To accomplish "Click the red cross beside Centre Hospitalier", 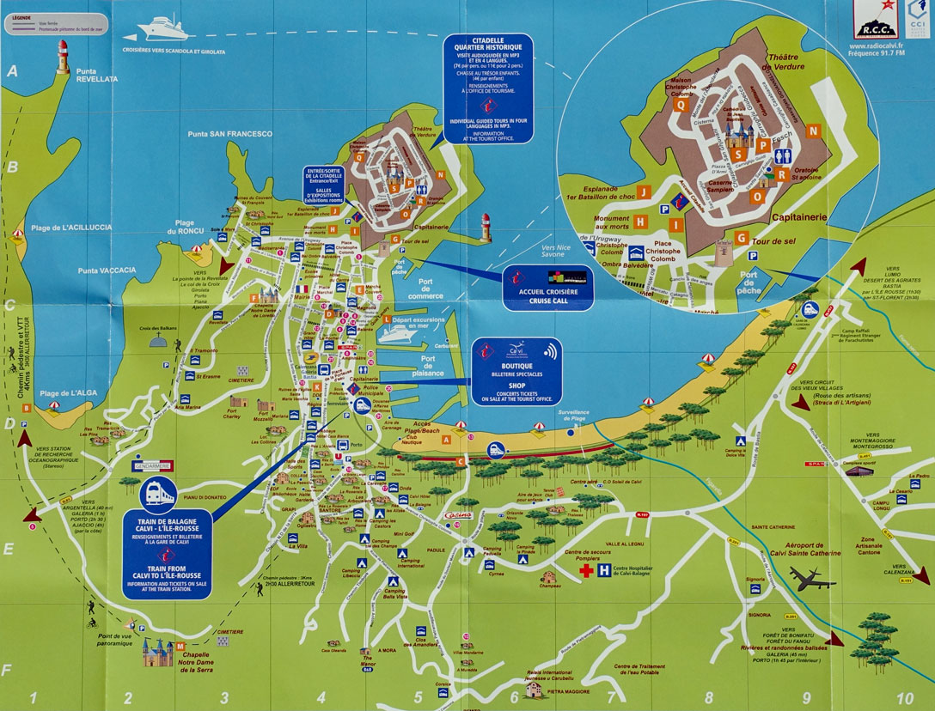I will (586, 570).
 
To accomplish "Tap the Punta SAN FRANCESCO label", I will (229, 134).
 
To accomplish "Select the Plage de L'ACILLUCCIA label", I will (71, 228).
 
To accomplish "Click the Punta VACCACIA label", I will (107, 270).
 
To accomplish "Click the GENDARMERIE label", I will (152, 465).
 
